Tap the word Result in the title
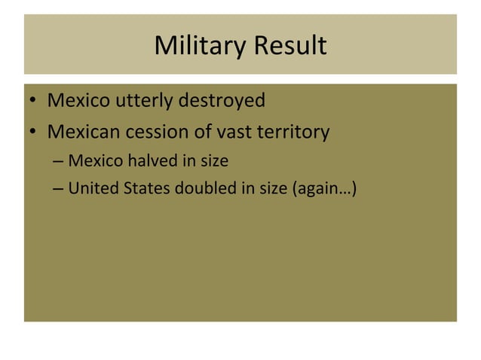(290, 46)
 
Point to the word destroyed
(222, 99)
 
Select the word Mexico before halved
(94, 161)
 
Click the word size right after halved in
(213, 161)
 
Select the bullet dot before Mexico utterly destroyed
(34, 101)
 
